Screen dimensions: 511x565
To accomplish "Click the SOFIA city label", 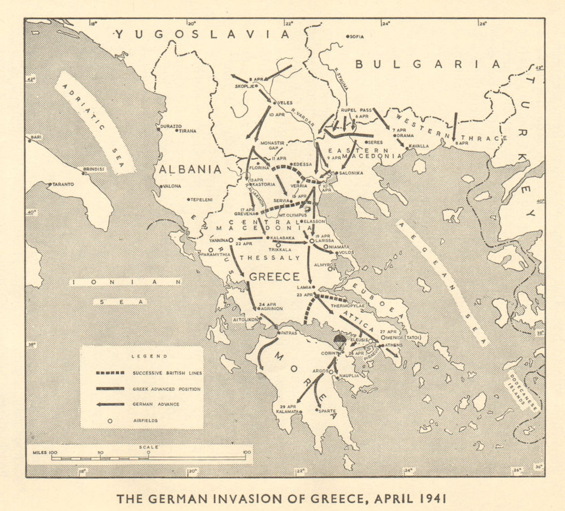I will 357,37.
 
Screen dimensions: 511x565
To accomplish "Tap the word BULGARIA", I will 427,64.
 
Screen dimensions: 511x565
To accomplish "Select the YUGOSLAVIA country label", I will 202,34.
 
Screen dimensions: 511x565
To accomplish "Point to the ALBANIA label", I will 189,169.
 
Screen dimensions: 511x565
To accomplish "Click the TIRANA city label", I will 188,131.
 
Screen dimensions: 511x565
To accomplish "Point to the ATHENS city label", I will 394,344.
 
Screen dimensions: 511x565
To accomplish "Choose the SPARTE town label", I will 328,412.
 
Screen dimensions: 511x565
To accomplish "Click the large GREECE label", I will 274,276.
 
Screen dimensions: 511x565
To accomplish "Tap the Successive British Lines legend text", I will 167,373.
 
